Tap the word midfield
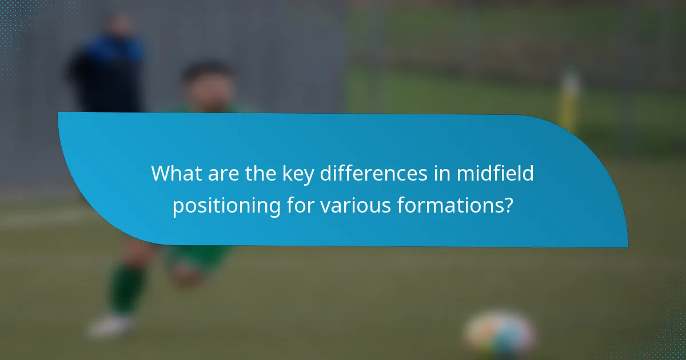[495, 174]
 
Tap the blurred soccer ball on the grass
[500, 333]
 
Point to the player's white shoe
[111, 325]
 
